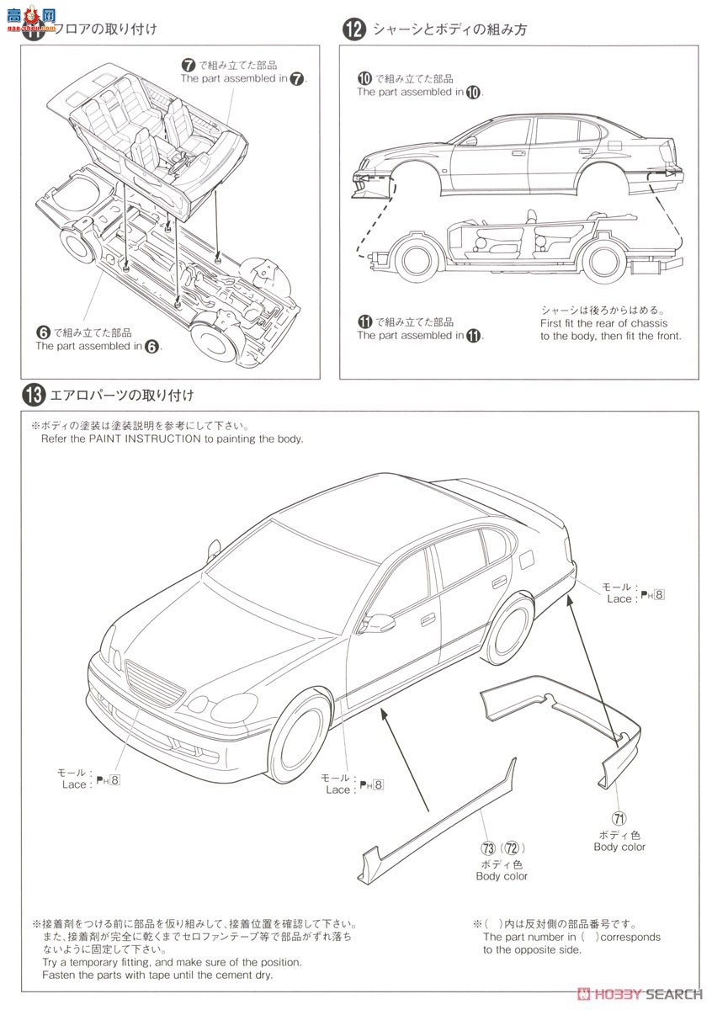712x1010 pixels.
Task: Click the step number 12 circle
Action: pyautogui.click(x=353, y=29)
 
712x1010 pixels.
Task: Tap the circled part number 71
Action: pyautogui.click(x=619, y=816)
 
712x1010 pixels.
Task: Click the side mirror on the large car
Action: pyautogui.click(x=379, y=624)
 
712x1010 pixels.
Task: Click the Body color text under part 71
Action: pyautogui.click(x=619, y=847)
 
